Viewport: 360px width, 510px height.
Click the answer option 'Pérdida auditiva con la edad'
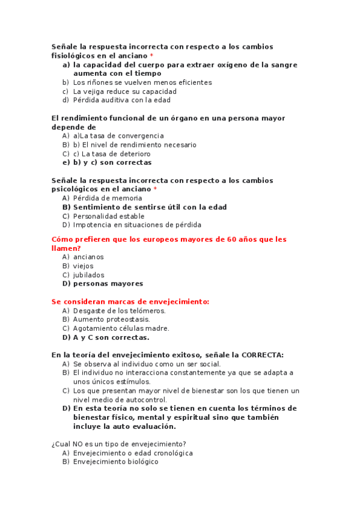(121, 100)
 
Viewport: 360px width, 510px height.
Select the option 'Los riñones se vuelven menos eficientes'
(142, 82)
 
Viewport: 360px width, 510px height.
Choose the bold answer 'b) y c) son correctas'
(112, 162)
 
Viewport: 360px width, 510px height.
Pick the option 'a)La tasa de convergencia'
(118, 136)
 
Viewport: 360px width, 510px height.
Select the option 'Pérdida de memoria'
(108, 198)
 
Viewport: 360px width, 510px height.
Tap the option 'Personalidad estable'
(109, 216)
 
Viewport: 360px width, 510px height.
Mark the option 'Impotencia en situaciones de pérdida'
(137, 225)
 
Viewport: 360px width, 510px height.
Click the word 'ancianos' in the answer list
(88, 257)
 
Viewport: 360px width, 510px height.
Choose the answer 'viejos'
(84, 266)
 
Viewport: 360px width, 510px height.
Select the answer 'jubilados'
(88, 275)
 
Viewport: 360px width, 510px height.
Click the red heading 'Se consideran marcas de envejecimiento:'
(130, 301)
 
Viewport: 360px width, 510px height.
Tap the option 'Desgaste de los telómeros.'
(119, 311)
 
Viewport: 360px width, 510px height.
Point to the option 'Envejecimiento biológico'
(115, 462)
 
